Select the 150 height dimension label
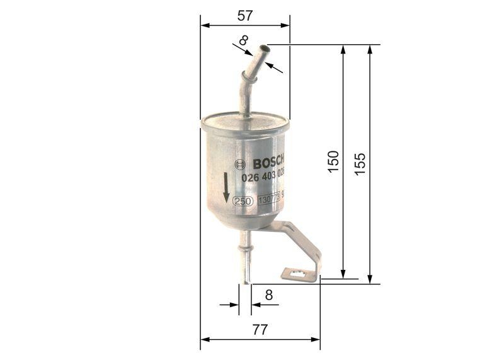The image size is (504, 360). coord(333,162)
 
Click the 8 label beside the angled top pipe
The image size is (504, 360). coord(244,42)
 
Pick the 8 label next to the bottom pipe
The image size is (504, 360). coord(268,294)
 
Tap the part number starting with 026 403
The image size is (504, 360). coord(263,178)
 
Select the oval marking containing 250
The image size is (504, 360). coord(243,201)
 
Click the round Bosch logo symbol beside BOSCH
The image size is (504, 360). coord(238,164)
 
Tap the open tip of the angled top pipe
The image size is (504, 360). coord(263,50)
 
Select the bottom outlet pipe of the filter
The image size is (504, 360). coord(245,258)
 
